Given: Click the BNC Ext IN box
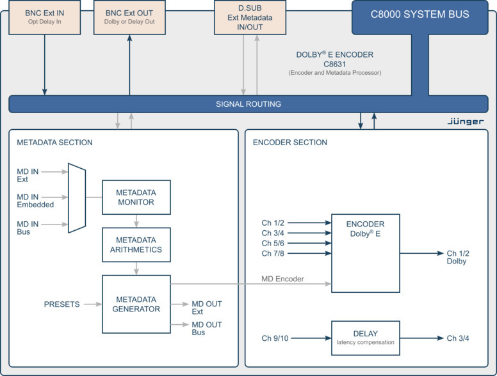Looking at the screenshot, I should click(x=44, y=17).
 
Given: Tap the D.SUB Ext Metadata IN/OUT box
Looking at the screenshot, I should click(x=250, y=17).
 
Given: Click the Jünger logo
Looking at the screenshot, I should click(x=465, y=121).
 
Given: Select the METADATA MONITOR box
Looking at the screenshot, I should click(x=136, y=197).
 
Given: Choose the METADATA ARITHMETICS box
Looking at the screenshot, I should click(x=136, y=244).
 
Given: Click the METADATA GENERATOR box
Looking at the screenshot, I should click(x=136, y=304).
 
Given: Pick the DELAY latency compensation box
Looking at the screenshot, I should click(x=365, y=338).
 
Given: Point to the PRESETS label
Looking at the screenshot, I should click(x=61, y=304).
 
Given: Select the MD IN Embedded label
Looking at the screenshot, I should click(x=35, y=201).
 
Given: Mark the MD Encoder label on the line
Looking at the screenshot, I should click(x=283, y=278).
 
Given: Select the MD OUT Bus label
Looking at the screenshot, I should click(x=206, y=329).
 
